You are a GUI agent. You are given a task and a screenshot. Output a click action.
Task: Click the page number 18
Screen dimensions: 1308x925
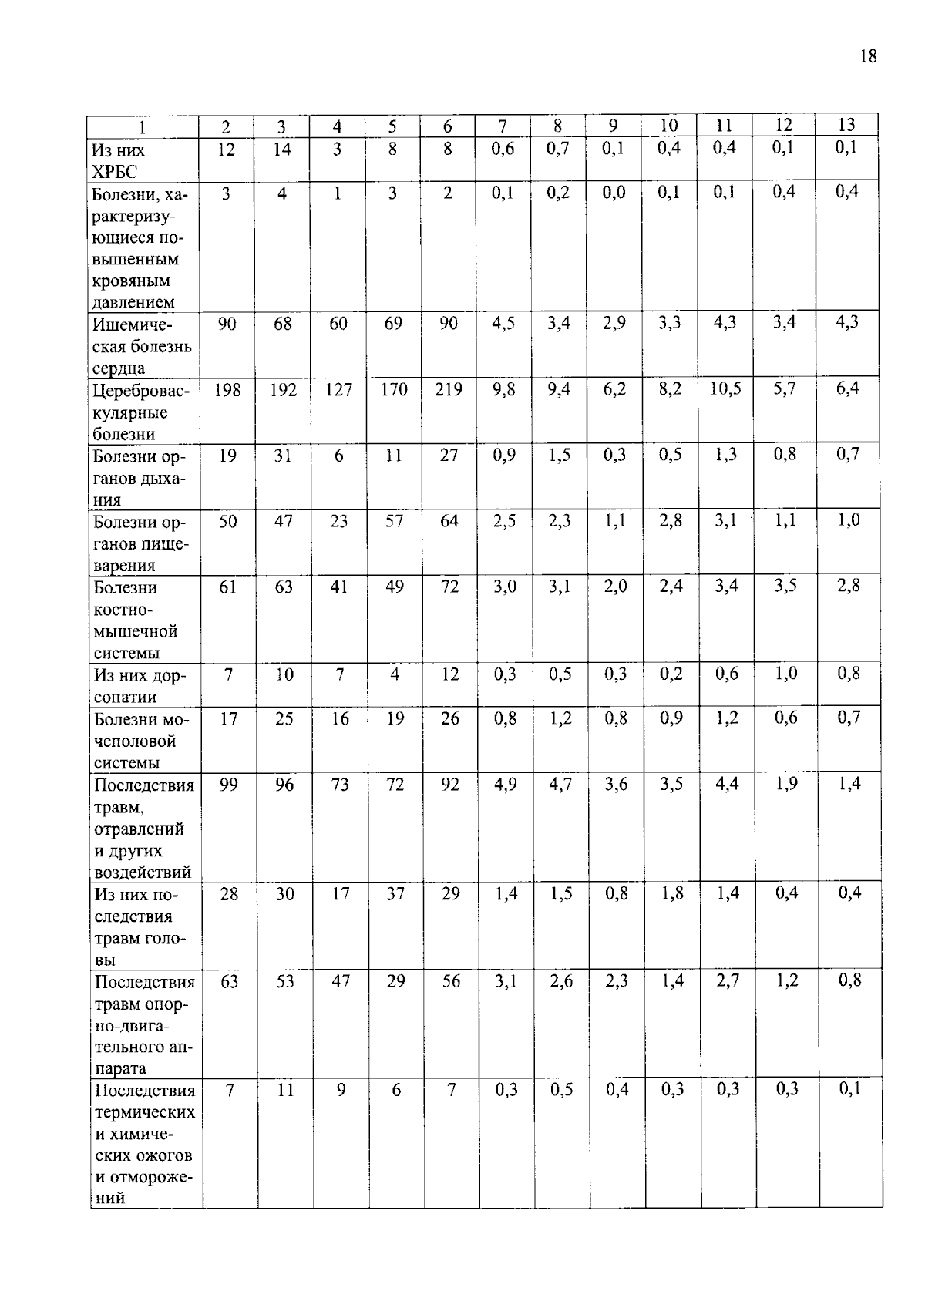[x=867, y=56]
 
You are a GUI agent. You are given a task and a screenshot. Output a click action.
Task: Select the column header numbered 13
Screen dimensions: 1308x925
[x=846, y=125]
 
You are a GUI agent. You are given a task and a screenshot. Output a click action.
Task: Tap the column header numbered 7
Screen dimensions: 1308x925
[x=503, y=126]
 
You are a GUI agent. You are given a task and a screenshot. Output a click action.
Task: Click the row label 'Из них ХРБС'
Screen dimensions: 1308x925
[x=118, y=160]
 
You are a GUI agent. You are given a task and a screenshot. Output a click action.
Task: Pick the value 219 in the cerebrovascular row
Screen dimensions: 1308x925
[x=449, y=390]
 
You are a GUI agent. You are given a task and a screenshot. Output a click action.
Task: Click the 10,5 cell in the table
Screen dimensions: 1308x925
[x=725, y=388]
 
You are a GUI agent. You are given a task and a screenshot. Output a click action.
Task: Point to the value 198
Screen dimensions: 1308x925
[x=227, y=390]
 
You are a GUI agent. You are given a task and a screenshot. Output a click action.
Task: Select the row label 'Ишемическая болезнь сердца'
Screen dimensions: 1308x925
[x=142, y=345]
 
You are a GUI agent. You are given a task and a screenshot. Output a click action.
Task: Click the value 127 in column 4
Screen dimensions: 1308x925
[x=338, y=390]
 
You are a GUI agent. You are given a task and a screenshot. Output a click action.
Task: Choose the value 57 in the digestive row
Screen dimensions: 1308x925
[x=394, y=521]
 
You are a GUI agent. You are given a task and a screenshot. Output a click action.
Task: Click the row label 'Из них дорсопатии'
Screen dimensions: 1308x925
[x=140, y=685]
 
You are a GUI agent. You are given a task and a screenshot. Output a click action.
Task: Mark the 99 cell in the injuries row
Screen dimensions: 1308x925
[x=229, y=785]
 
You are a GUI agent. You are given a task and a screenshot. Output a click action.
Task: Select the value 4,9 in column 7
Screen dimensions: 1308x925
[x=506, y=785]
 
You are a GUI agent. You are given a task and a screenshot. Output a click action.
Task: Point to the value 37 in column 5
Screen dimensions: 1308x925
[x=395, y=893]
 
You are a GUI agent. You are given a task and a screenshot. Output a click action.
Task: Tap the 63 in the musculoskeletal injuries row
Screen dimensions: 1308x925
[x=230, y=981]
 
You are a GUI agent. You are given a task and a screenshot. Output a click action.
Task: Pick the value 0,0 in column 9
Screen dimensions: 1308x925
[x=614, y=193]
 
